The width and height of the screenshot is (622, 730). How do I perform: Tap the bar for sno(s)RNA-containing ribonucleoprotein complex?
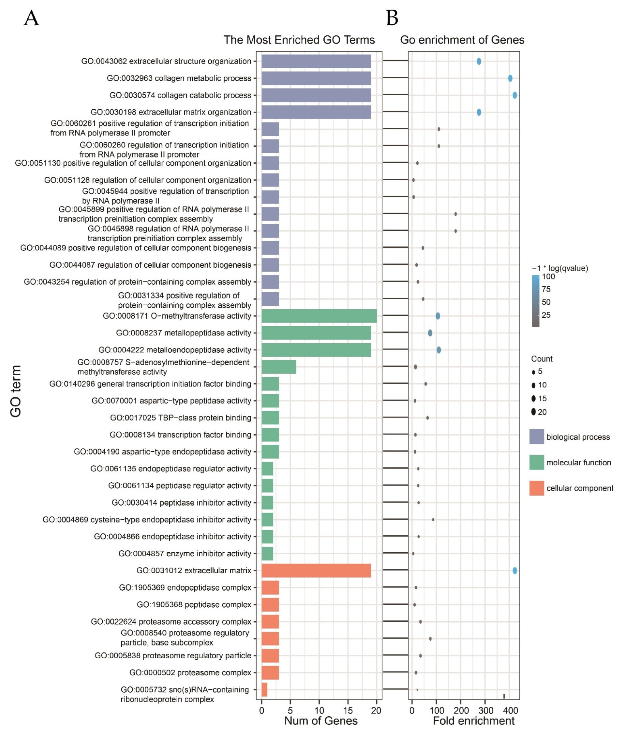(x=264, y=689)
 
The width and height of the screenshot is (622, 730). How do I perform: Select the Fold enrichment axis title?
(x=473, y=721)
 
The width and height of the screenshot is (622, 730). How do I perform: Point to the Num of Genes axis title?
(x=321, y=721)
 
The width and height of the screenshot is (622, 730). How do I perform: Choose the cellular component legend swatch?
(x=536, y=488)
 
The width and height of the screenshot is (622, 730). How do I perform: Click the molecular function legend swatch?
(x=536, y=462)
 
